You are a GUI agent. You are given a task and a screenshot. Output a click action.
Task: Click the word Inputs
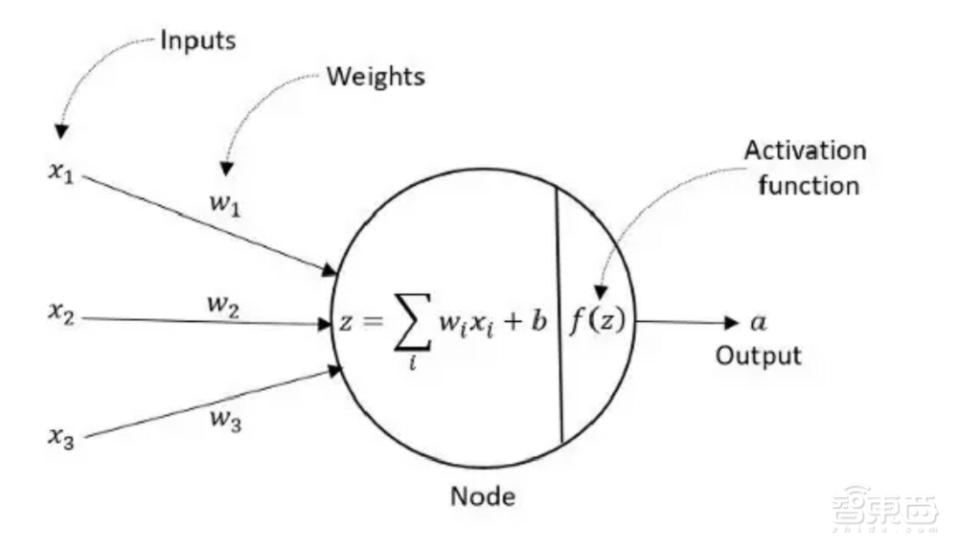(x=197, y=40)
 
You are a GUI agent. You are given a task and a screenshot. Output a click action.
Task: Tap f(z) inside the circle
(x=597, y=321)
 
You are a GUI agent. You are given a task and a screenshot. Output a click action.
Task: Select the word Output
(x=759, y=356)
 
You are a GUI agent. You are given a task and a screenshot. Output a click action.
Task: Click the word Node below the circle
(x=483, y=496)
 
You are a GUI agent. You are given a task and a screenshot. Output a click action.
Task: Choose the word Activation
(x=806, y=151)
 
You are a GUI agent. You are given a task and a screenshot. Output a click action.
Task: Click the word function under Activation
(x=809, y=184)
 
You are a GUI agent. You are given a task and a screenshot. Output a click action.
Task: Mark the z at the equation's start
(x=346, y=323)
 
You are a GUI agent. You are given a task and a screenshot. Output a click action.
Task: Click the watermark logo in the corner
(x=884, y=507)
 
